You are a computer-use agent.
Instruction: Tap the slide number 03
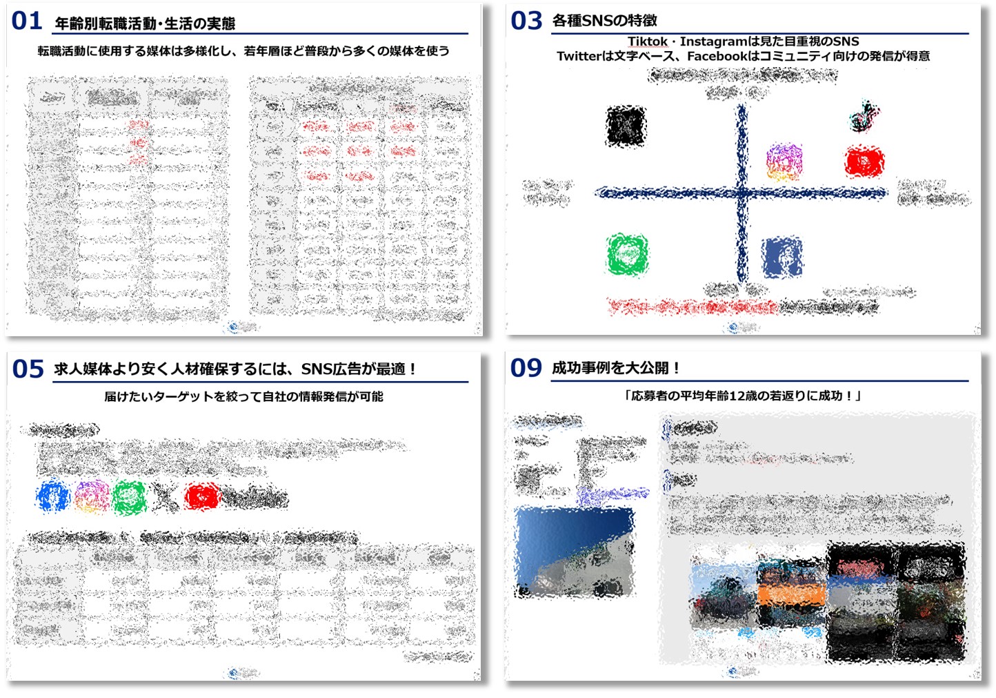point(526,21)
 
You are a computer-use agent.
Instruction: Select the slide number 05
point(28,369)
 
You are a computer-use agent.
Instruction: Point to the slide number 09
point(526,368)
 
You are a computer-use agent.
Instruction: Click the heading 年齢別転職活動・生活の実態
point(145,23)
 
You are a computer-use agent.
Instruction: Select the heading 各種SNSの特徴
point(604,21)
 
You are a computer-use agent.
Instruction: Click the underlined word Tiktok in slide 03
point(647,41)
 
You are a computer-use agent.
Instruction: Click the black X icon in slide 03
point(626,126)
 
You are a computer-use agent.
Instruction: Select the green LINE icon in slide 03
point(627,254)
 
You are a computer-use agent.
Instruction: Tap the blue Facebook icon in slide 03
point(782,257)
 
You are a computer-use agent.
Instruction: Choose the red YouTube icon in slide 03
point(864,162)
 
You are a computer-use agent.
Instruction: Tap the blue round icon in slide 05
point(53,496)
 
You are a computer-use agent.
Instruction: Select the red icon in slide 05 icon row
point(201,496)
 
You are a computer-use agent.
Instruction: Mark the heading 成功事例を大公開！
point(616,368)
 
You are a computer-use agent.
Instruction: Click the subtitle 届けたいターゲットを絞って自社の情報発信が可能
point(243,396)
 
